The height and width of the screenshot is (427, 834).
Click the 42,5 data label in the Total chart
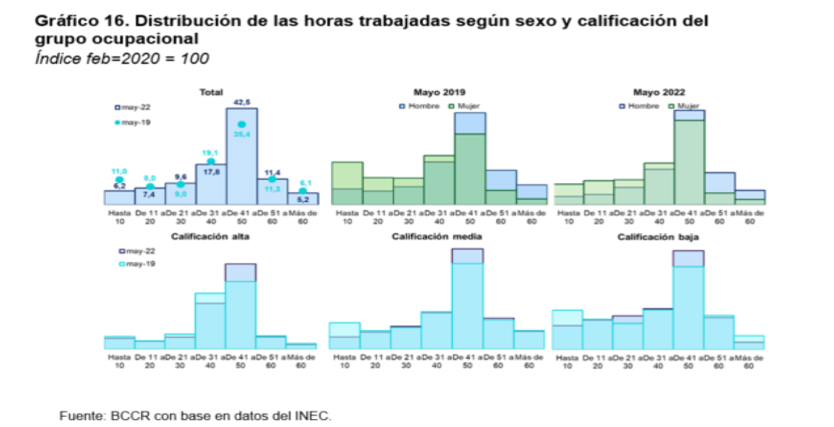pos(242,102)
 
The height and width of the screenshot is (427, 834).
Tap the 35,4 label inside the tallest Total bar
pos(241,134)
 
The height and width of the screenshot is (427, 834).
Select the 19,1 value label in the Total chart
pos(211,152)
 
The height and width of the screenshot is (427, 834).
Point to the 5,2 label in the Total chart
pos(302,200)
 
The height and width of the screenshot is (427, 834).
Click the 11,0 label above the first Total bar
pos(119,171)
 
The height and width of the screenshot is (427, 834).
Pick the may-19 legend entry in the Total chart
pos(134,122)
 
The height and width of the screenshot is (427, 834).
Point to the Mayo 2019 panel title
pos(440,92)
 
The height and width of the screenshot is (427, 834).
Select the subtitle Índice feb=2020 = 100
pos(122,59)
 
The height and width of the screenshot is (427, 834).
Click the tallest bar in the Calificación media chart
pos(467,303)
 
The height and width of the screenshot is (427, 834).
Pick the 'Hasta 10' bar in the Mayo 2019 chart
pos(347,183)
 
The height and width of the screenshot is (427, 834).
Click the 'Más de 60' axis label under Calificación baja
pos(749,361)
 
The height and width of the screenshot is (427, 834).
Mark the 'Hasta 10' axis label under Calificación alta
pos(119,361)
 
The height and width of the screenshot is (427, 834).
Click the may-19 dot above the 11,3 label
pos(272,179)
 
